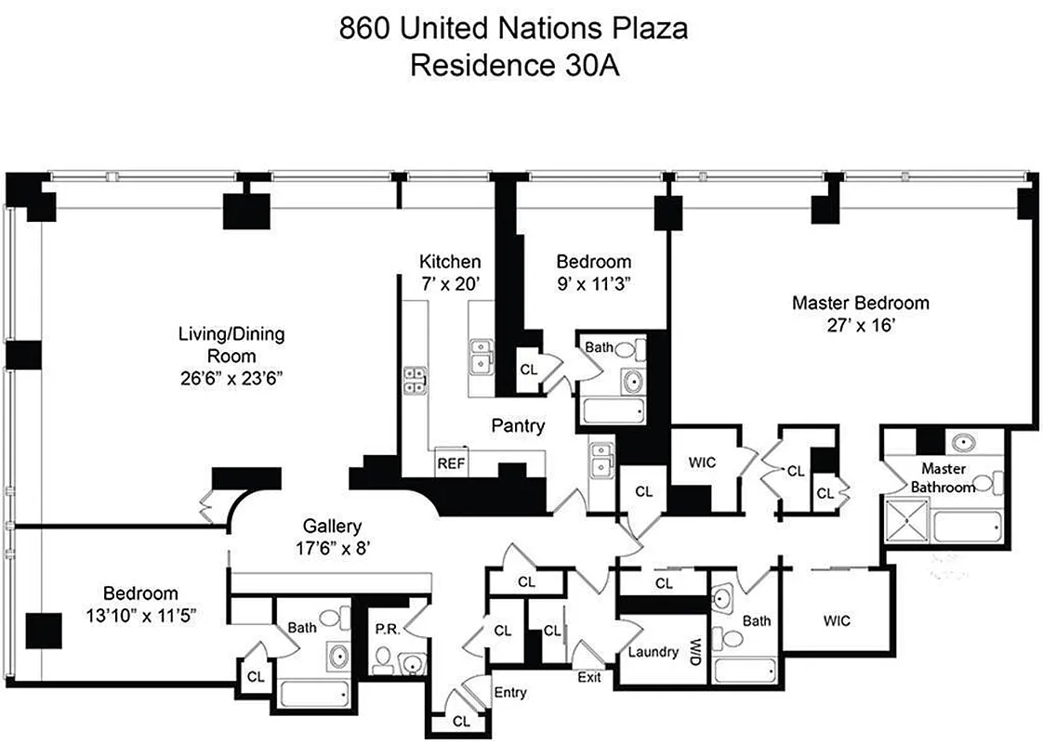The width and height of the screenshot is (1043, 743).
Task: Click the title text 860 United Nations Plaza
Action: [x=513, y=29]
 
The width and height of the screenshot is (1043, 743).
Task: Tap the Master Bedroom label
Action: [x=860, y=303]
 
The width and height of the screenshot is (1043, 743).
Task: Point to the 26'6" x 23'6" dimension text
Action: [x=231, y=378]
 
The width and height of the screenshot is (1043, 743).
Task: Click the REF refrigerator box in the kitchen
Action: [x=451, y=462]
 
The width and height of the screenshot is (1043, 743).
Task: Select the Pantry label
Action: [x=518, y=426]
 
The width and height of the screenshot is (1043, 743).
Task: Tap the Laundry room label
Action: [x=653, y=651]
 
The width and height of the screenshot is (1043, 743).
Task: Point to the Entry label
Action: [x=510, y=692]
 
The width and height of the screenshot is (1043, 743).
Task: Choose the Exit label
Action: [x=588, y=677]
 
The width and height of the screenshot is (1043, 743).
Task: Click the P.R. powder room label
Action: [x=387, y=628]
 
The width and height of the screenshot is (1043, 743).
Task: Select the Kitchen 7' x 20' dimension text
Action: [x=450, y=284]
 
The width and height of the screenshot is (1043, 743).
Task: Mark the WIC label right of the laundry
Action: [x=835, y=620]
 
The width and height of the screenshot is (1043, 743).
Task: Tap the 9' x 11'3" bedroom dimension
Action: [x=593, y=284]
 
